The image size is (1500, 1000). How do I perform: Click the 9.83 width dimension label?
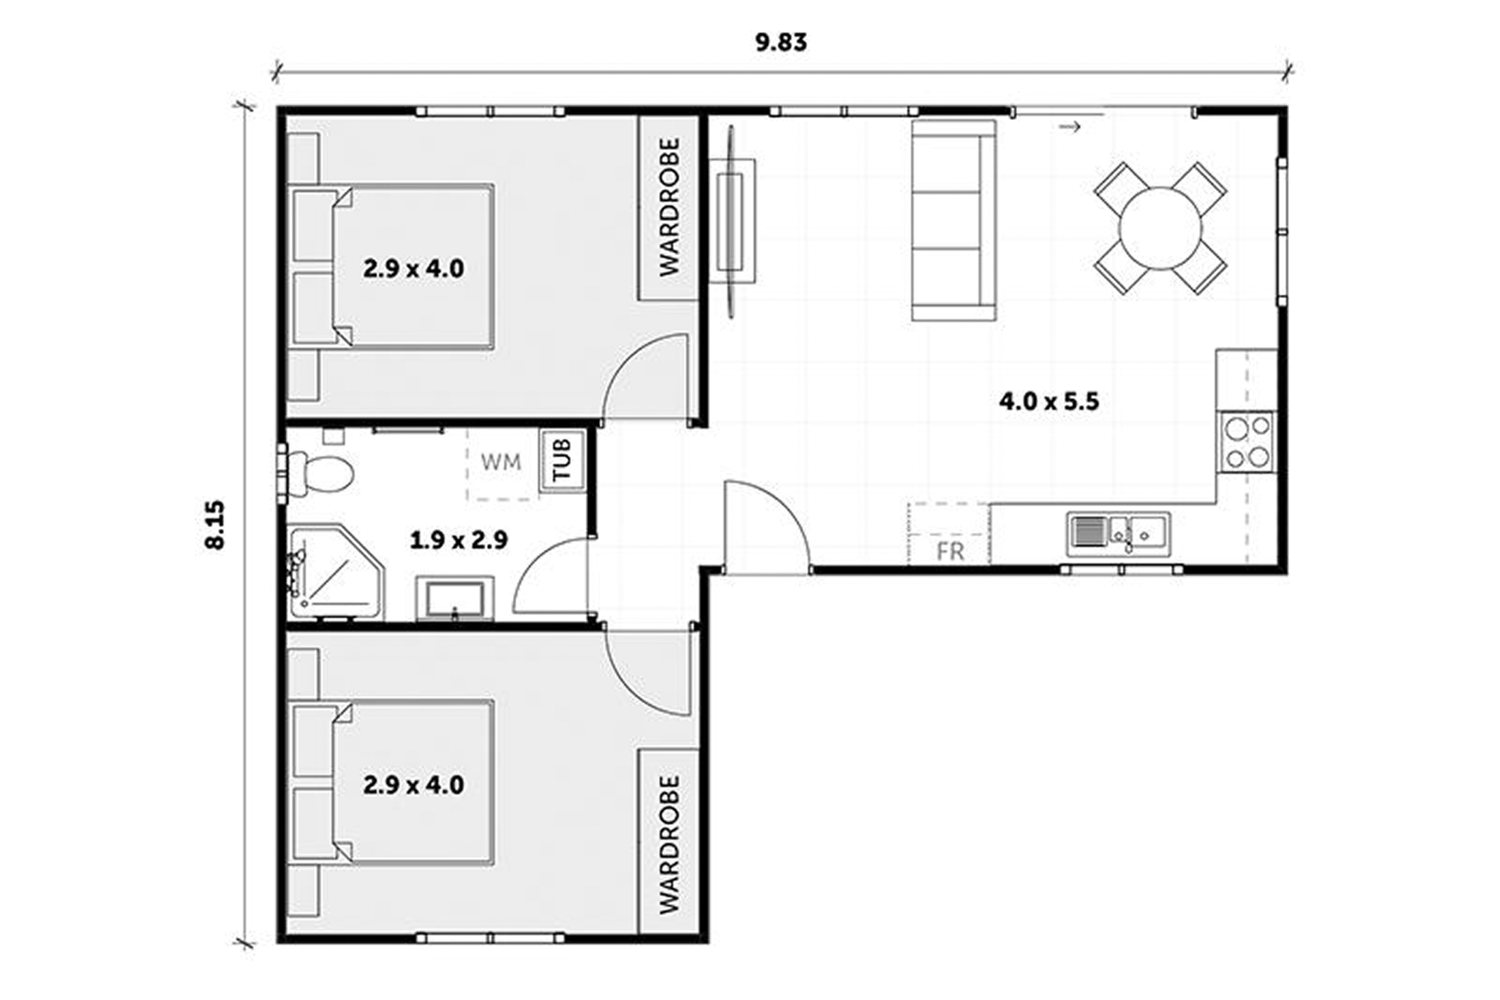point(781,42)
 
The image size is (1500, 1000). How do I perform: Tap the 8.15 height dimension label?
point(216,525)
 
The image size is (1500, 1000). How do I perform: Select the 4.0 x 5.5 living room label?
point(1049,402)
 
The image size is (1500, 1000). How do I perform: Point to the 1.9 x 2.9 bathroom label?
point(458,541)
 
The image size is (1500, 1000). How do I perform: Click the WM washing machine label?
point(500,462)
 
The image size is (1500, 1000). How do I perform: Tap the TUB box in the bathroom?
point(562,461)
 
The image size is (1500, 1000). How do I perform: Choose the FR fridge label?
point(950,552)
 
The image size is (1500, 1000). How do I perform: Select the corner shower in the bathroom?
point(335,573)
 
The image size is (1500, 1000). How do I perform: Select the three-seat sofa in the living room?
point(953,220)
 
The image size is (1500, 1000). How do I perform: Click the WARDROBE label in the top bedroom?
point(669,208)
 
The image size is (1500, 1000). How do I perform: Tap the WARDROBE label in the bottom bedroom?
point(669,845)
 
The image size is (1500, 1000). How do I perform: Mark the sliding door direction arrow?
point(1070,127)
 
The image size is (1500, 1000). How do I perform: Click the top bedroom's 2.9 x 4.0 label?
point(414,268)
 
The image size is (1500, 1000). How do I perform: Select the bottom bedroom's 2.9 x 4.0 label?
point(414,785)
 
